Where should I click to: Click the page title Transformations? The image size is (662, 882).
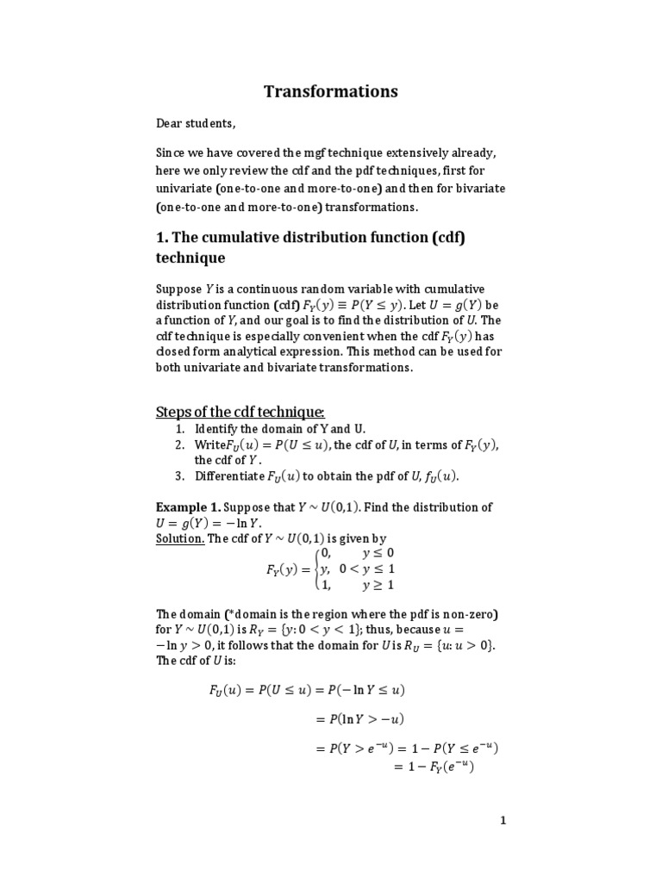pyautogui.click(x=331, y=91)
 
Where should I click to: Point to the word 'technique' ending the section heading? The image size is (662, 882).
pyautogui.click(x=190, y=258)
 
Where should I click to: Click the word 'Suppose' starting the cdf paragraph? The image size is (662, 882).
pyautogui.click(x=178, y=289)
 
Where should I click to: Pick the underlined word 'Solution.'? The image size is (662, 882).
pyautogui.click(x=179, y=538)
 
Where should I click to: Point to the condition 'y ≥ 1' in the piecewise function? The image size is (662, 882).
pyautogui.click(x=375, y=585)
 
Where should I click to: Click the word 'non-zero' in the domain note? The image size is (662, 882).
pyautogui.click(x=474, y=614)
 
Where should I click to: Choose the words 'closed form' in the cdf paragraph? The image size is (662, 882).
pyautogui.click(x=189, y=351)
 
